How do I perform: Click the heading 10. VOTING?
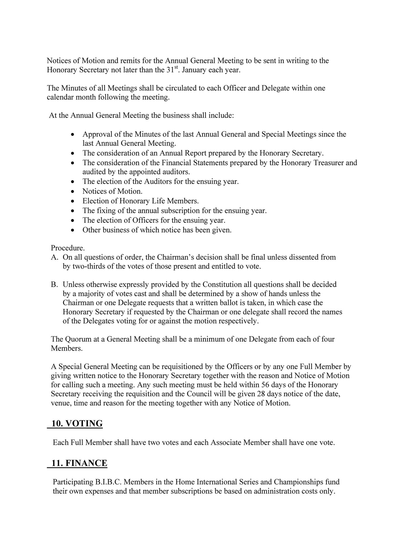coord(77,424)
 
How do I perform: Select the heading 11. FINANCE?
coord(79,463)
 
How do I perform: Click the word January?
coord(194,70)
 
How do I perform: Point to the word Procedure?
coord(68,248)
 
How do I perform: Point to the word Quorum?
coord(77,339)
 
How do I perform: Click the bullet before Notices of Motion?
coord(73,192)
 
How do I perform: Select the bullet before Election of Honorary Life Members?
coord(73,201)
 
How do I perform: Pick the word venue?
coord(60,403)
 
